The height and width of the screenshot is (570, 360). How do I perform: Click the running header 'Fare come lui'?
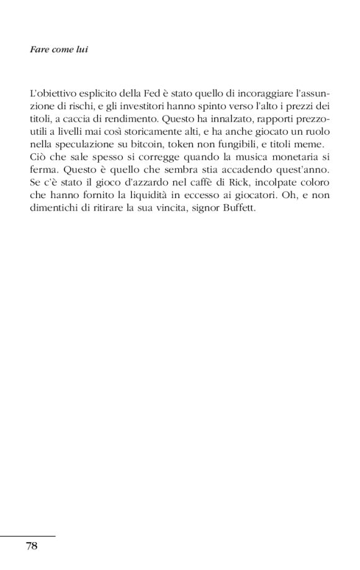point(58,49)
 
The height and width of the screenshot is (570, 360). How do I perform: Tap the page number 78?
point(32,546)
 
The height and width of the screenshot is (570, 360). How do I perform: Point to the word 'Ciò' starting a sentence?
point(37,157)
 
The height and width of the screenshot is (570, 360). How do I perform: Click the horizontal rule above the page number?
point(28,535)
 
